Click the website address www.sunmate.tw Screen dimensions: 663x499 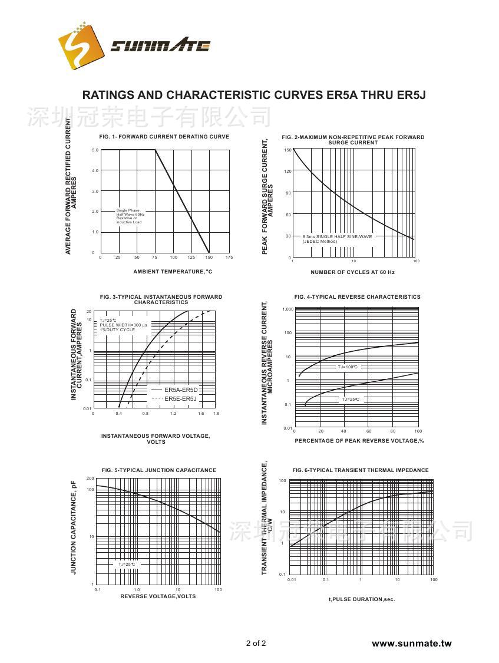[x=411, y=644]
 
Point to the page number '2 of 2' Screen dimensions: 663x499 [x=256, y=643]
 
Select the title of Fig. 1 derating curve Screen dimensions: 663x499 [x=164, y=137]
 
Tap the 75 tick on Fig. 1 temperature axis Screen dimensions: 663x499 [x=155, y=258]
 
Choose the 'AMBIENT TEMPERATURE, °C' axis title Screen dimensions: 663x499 [x=173, y=272]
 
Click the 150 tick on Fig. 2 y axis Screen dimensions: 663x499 [x=287, y=150]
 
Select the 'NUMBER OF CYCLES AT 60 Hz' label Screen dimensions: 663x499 [x=352, y=272]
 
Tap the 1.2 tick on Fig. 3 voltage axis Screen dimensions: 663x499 [x=173, y=414]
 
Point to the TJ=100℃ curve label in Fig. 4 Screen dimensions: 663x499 [x=348, y=367]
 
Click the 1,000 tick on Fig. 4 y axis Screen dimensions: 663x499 [x=287, y=309]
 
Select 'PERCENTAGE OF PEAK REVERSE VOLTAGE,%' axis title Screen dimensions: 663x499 [x=359, y=441]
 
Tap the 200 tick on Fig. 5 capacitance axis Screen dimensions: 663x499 [x=90, y=479]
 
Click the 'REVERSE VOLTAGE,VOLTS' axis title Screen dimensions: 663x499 [x=158, y=596]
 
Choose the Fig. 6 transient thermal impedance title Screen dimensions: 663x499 [x=361, y=470]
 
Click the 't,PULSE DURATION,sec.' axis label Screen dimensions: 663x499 [x=362, y=600]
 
